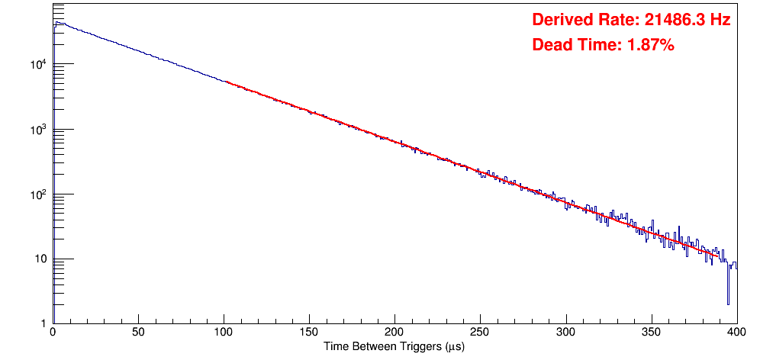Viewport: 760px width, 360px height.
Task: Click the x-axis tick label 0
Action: click(52, 332)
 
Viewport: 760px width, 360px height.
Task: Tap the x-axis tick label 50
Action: click(138, 332)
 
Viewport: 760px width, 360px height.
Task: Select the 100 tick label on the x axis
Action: click(224, 332)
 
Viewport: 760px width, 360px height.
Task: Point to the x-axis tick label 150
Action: click(309, 332)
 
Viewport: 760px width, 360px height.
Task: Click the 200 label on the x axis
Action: click(394, 332)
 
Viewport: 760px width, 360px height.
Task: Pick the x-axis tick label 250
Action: click(480, 332)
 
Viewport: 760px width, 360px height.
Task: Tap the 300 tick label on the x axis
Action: click(565, 332)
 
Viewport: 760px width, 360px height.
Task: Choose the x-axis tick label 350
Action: click(651, 332)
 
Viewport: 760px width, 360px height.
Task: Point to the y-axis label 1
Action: click(44, 323)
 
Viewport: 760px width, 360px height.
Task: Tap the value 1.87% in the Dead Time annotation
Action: click(650, 46)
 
